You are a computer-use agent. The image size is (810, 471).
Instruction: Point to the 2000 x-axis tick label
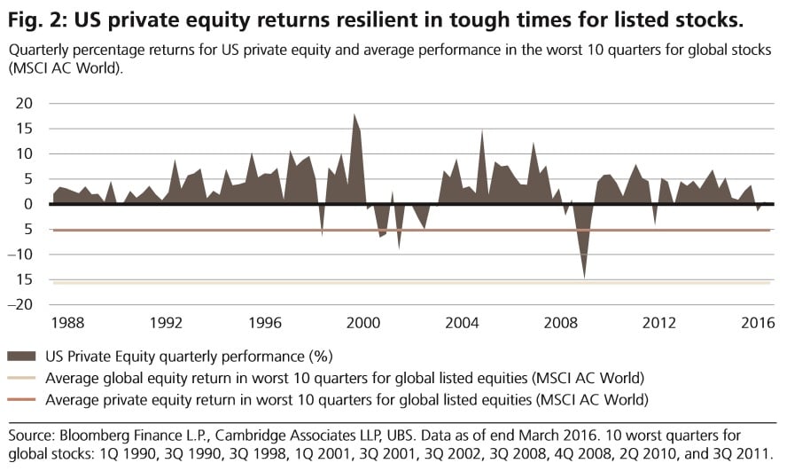coord(363,323)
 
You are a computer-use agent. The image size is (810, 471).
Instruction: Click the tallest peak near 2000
coord(354,114)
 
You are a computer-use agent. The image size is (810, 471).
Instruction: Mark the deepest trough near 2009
coord(584,277)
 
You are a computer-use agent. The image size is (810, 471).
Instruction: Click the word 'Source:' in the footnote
coord(34,436)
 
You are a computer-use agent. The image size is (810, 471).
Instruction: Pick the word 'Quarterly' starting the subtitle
coord(40,51)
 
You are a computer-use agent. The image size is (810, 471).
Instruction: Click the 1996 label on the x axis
coord(263,323)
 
